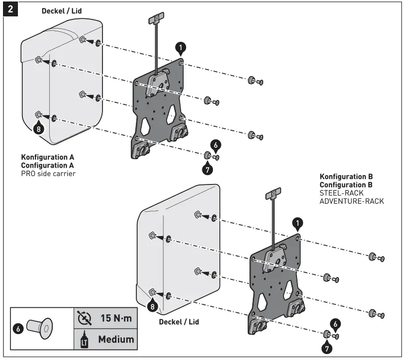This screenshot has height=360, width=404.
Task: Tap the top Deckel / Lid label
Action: [x=59, y=11]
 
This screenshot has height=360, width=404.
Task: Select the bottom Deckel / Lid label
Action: [x=179, y=322]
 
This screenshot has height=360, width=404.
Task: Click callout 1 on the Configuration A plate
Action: [x=181, y=48]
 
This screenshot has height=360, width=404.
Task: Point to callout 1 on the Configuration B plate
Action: [x=297, y=222]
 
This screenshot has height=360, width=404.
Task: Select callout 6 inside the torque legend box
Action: [x=19, y=329]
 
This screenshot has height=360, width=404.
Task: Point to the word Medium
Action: [x=116, y=340]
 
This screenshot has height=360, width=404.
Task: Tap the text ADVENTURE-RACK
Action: [x=351, y=201]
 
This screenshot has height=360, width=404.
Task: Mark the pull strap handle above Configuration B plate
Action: [x=273, y=193]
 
